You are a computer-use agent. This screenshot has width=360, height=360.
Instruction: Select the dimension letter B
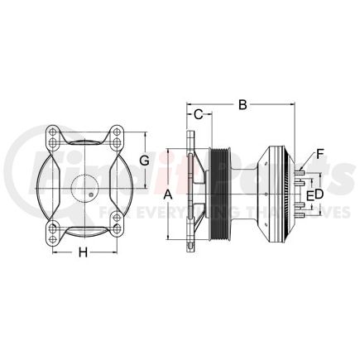(242, 104)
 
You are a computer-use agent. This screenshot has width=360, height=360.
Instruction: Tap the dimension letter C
(199, 115)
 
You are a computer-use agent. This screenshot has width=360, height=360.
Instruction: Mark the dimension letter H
(83, 252)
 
